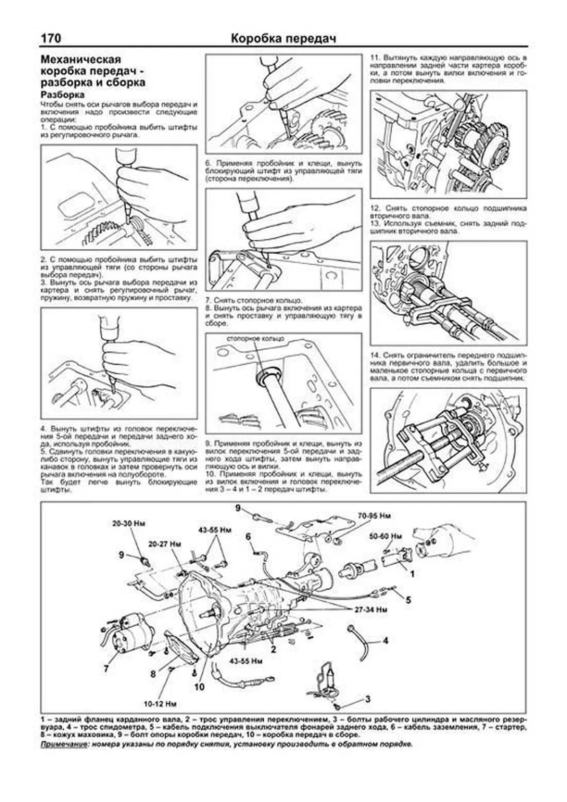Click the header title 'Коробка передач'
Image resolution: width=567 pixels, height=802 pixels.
tap(283, 38)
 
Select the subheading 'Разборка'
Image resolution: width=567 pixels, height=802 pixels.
tap(62, 95)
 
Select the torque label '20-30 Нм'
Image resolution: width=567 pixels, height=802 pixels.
tap(128, 524)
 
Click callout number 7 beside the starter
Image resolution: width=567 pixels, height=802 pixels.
tap(106, 669)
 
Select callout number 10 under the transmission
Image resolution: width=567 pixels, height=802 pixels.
tap(199, 687)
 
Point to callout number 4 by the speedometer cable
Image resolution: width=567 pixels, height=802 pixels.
tap(386, 641)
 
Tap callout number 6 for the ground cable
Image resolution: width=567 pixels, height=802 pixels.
tap(248, 536)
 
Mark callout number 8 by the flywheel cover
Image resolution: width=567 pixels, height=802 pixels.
tap(153, 674)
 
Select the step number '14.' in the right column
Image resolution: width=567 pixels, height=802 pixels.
tap(376, 354)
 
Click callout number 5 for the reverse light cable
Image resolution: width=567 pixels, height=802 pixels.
tap(408, 600)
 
